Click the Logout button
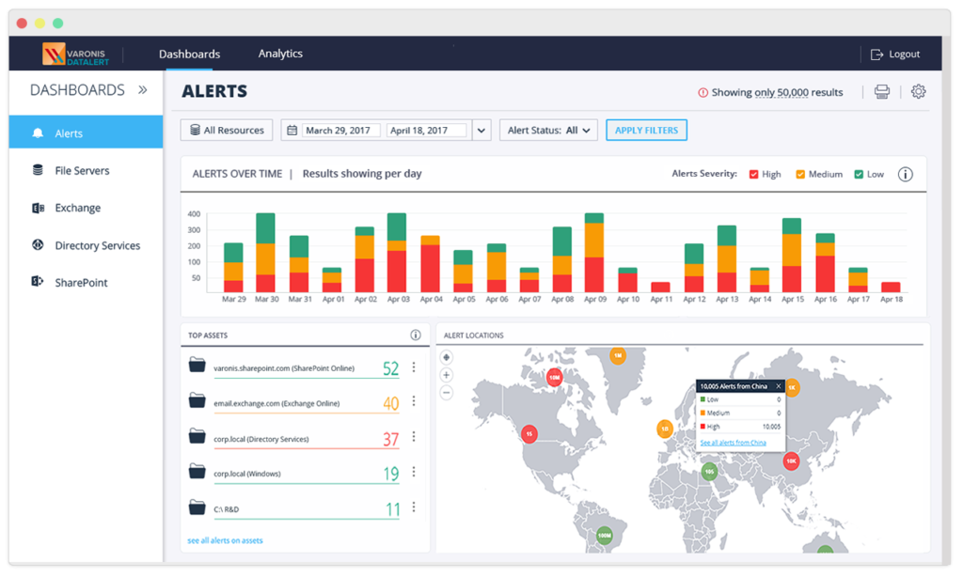tap(894, 55)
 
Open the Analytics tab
tap(280, 54)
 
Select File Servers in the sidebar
tap(82, 171)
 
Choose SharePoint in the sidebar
tap(81, 283)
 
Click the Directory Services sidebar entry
tap(97, 245)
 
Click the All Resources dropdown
tap(227, 131)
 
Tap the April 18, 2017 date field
tap(426, 131)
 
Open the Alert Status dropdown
tap(548, 131)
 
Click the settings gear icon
tap(919, 91)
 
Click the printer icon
tap(882, 91)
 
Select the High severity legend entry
tap(765, 174)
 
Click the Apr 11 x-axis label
tap(661, 299)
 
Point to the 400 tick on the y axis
tap(195, 214)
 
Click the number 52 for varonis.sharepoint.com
tap(390, 369)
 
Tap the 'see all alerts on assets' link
tap(225, 540)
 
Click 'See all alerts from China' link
tap(733, 443)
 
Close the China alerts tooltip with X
tap(778, 386)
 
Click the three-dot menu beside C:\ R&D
tap(414, 507)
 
